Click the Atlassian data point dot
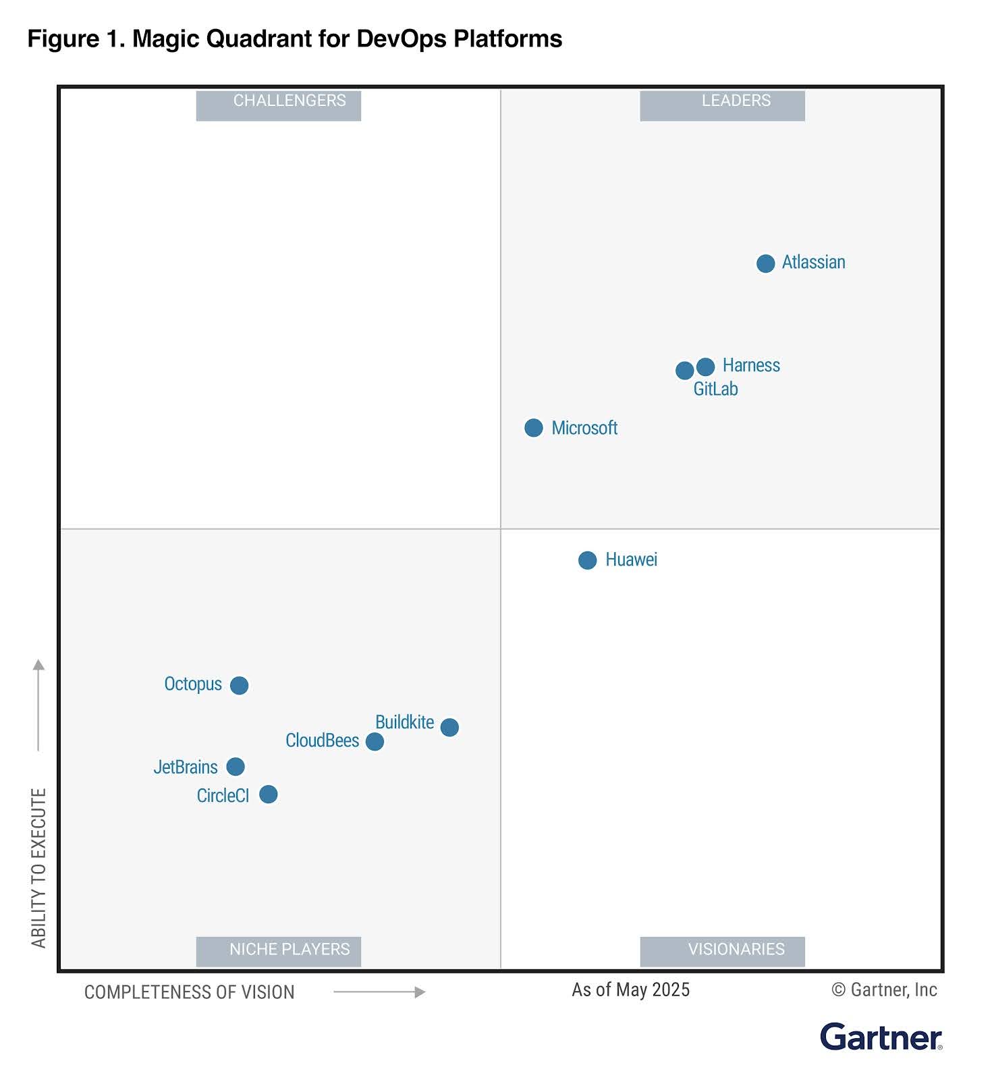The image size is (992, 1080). pos(765,263)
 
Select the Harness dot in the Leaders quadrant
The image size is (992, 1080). pos(705,367)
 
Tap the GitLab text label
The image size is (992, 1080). pos(715,389)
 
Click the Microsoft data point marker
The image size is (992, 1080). pos(533,428)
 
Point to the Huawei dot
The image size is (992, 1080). pos(587,560)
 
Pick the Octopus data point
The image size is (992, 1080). pos(239,685)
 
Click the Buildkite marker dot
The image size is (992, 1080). pos(449,727)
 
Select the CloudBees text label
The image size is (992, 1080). pos(322,740)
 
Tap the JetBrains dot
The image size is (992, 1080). pos(235,767)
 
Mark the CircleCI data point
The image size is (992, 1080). pos(268,794)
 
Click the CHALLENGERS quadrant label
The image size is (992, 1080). pos(290,101)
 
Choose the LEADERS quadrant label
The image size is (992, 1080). pos(736,101)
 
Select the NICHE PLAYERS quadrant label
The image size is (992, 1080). pos(290,950)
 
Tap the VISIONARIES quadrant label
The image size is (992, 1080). pos(736,950)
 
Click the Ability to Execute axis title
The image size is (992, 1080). pos(39,867)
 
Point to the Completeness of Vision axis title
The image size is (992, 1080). pos(190,992)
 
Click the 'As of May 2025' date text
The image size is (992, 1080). pos(631,990)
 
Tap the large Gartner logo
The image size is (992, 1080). pos(881,1037)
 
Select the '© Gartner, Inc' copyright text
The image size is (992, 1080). pos(884,990)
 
